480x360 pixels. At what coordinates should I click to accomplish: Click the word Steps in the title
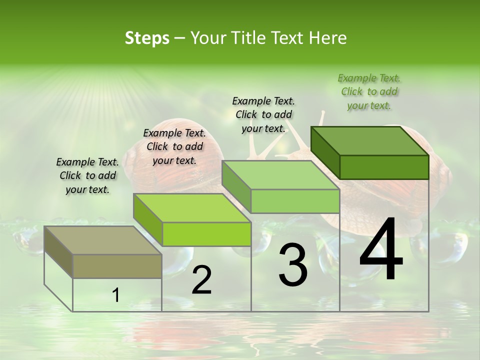coord(147,38)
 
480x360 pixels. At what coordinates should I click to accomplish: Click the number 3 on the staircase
coord(292,265)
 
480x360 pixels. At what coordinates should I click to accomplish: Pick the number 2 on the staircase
coord(201,280)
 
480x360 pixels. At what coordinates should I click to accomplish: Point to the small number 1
coord(116,295)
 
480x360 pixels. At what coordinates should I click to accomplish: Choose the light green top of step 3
coord(281,175)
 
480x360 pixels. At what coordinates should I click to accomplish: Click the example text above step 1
coord(87,176)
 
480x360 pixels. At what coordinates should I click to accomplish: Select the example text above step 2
coord(174,146)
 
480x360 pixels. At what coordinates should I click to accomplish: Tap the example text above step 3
coord(263,114)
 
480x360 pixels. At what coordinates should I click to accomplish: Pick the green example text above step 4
coord(369,91)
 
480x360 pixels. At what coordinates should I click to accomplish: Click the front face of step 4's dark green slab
coord(384,167)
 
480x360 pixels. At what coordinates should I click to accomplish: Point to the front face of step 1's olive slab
coord(117,266)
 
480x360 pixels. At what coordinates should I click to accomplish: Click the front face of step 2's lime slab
coord(206,234)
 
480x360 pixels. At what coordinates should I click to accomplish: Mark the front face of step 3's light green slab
coord(295,201)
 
